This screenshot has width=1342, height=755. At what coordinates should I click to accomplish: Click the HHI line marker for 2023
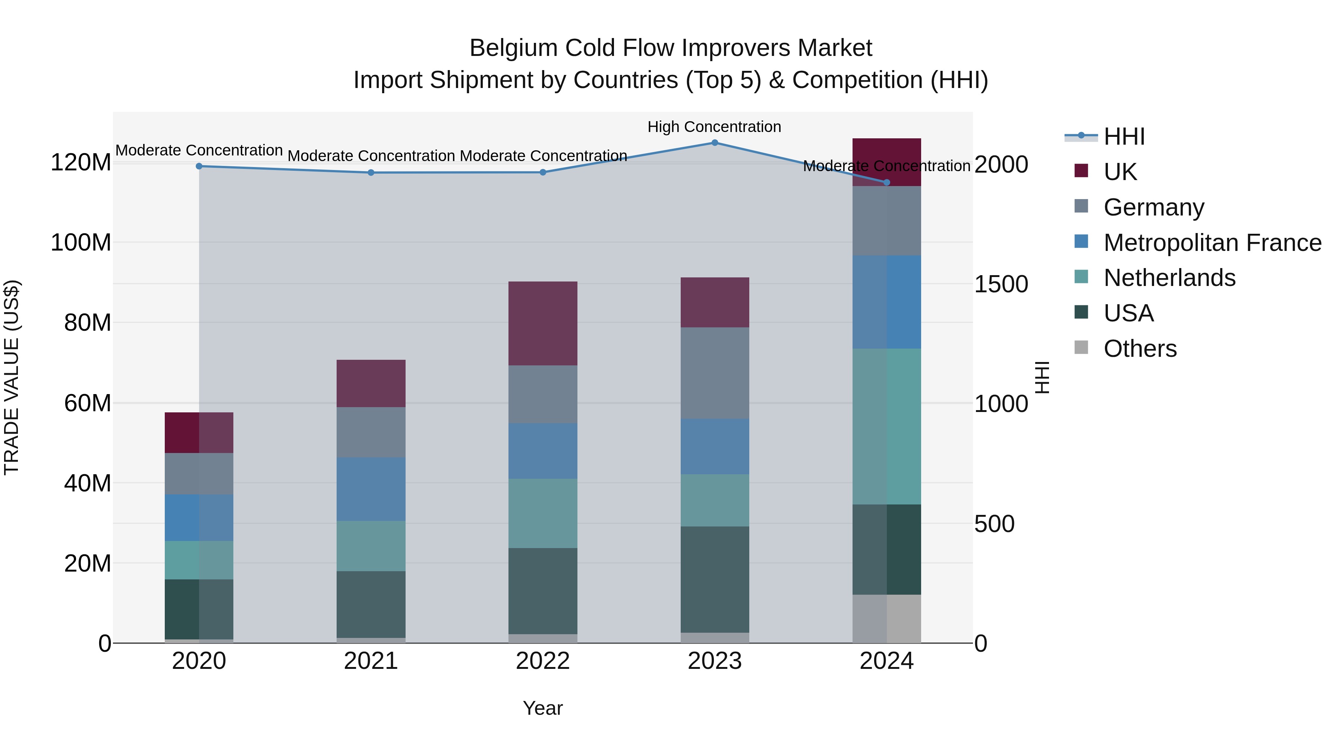point(715,143)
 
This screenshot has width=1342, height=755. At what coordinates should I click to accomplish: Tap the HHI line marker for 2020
point(199,166)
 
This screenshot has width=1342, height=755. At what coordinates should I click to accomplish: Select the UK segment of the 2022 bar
point(543,324)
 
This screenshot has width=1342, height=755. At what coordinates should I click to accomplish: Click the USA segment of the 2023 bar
point(715,579)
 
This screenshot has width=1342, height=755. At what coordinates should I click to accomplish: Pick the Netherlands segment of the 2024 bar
point(887,426)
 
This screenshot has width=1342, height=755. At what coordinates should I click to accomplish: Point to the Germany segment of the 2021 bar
point(371,432)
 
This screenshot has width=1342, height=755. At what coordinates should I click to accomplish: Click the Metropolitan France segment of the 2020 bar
point(199,518)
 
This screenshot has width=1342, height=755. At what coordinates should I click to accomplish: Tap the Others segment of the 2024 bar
point(887,619)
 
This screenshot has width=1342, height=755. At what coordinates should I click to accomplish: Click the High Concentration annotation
point(714,127)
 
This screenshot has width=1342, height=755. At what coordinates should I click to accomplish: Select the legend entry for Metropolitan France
point(1212,243)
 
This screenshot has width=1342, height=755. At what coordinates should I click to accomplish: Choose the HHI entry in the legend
point(1124,136)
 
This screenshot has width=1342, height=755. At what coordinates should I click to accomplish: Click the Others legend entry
point(1140,349)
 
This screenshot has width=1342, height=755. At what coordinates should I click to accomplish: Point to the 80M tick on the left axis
point(88,323)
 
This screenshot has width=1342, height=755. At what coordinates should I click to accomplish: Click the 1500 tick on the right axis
point(1001,284)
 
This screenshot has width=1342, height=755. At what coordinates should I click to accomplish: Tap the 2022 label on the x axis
point(543,661)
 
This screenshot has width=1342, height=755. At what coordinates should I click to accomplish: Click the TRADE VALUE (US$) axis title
point(12,377)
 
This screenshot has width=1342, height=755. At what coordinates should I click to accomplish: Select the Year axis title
point(543,708)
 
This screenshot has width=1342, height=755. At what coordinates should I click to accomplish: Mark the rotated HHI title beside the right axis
point(1042,377)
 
